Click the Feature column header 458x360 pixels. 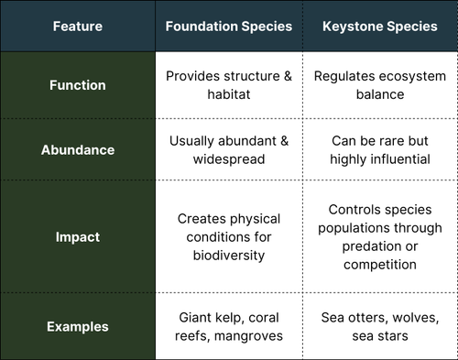pos(78,27)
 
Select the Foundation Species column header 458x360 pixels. pos(228,27)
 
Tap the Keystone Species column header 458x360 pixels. pos(379,27)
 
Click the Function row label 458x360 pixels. pos(78,85)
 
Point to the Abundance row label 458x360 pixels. pos(78,149)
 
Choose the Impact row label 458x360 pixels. pos(78,236)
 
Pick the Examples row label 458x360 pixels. pos(78,326)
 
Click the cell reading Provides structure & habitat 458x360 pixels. pos(228,85)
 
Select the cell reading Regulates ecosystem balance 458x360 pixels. pos(379,85)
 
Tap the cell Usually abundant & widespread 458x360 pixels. pos(228,149)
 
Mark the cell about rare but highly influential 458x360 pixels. pos(379,149)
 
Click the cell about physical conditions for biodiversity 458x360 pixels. pos(228,236)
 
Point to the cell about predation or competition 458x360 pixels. pos(379,236)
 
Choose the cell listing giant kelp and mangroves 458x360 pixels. pos(228,326)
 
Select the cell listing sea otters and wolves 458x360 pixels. pos(379,326)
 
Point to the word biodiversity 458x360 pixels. pos(228,256)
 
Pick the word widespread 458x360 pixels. pos(228,159)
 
